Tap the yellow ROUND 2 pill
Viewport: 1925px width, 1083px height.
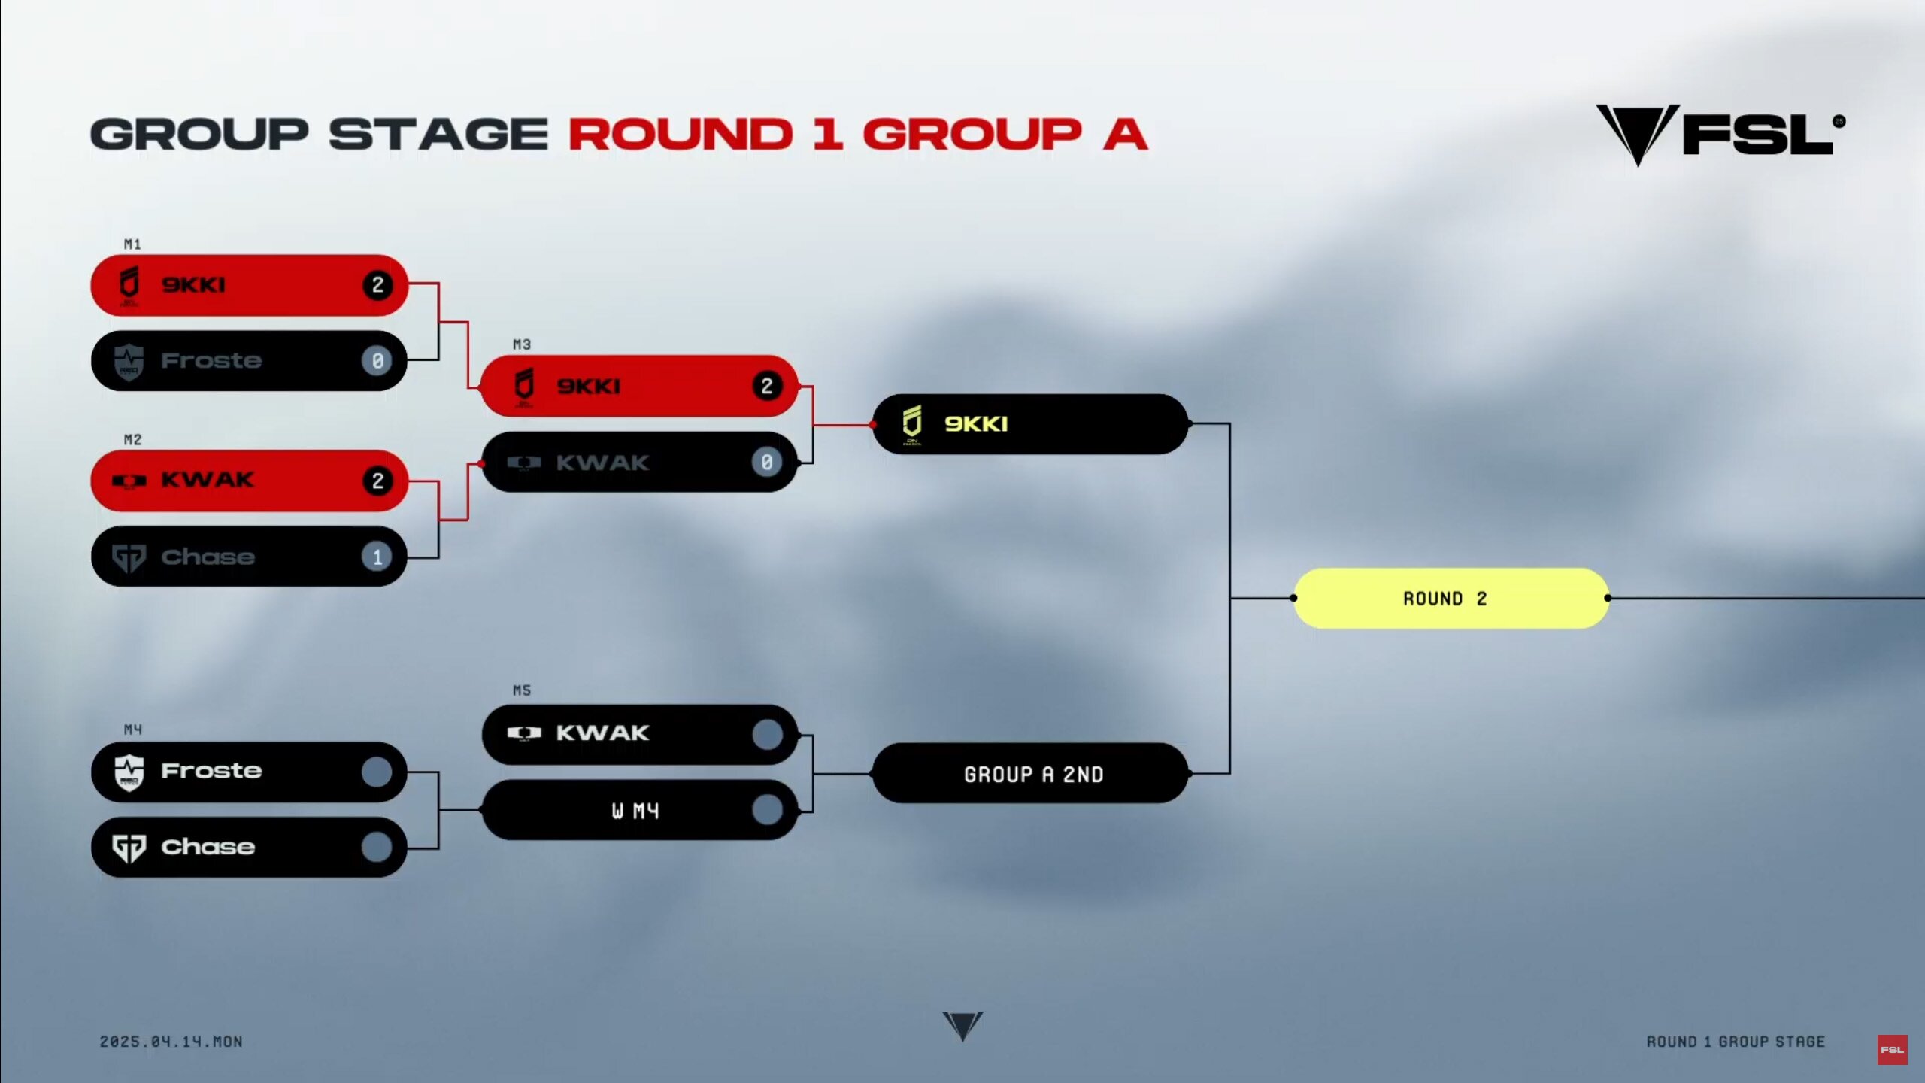[x=1451, y=599]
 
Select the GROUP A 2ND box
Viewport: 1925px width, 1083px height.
[x=1030, y=773]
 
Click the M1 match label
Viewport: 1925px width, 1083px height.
[x=132, y=244]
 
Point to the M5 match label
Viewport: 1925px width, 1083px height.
[x=522, y=690]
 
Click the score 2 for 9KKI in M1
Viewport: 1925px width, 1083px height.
[x=377, y=285]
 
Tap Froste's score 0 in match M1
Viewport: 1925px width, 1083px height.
[x=377, y=361]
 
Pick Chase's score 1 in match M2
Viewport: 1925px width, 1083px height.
[x=377, y=557]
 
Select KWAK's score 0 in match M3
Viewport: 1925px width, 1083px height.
[x=767, y=463]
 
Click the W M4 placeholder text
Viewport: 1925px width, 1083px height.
[x=635, y=811]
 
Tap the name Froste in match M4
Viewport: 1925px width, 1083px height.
[x=211, y=771]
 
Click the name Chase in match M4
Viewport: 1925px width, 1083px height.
[x=208, y=847]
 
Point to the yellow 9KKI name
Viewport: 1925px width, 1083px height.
[x=976, y=424]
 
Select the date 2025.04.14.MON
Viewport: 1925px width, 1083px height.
[x=171, y=1042]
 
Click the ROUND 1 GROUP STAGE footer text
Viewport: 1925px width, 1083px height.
[x=1736, y=1042]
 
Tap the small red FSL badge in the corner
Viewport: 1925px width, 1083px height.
[x=1892, y=1050]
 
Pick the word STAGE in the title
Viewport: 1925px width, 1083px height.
[x=438, y=135]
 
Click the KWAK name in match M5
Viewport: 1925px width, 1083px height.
[x=602, y=733]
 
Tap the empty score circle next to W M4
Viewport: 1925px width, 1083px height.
[x=767, y=810]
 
